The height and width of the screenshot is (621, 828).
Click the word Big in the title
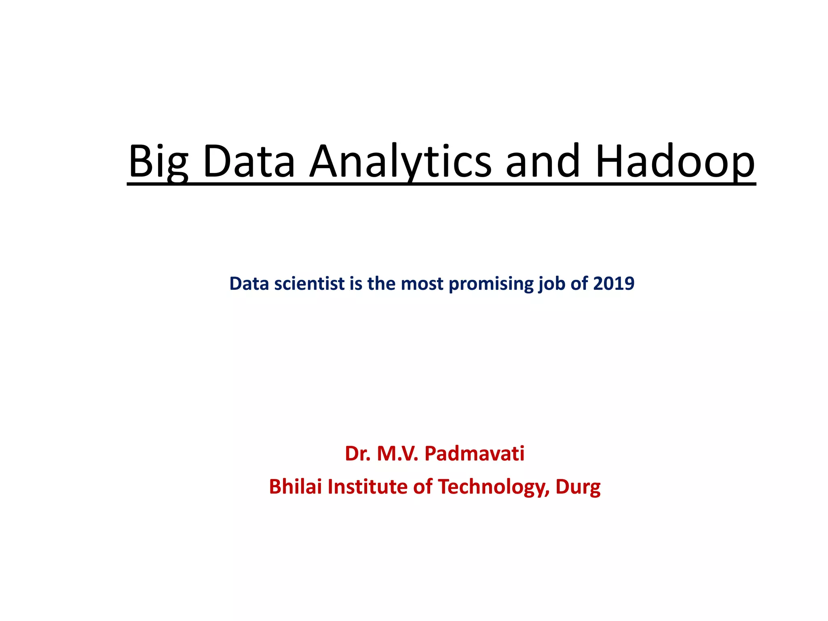pyautogui.click(x=158, y=162)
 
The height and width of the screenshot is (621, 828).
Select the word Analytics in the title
pyautogui.click(x=400, y=162)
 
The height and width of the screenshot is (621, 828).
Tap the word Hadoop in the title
pyautogui.click(x=675, y=162)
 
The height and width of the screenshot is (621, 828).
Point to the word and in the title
pyautogui.click(x=543, y=162)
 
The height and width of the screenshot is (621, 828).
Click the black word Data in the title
pyautogui.click(x=249, y=162)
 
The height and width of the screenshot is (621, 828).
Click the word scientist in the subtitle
pyautogui.click(x=309, y=283)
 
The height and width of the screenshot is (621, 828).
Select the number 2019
pyautogui.click(x=614, y=283)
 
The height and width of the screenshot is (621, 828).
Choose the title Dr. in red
pyautogui.click(x=358, y=453)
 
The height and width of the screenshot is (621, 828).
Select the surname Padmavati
pyautogui.click(x=474, y=453)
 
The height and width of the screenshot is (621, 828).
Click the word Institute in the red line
pyautogui.click(x=368, y=486)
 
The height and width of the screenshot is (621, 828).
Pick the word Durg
pyautogui.click(x=578, y=487)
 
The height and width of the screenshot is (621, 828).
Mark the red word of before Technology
pyautogui.click(x=423, y=486)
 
